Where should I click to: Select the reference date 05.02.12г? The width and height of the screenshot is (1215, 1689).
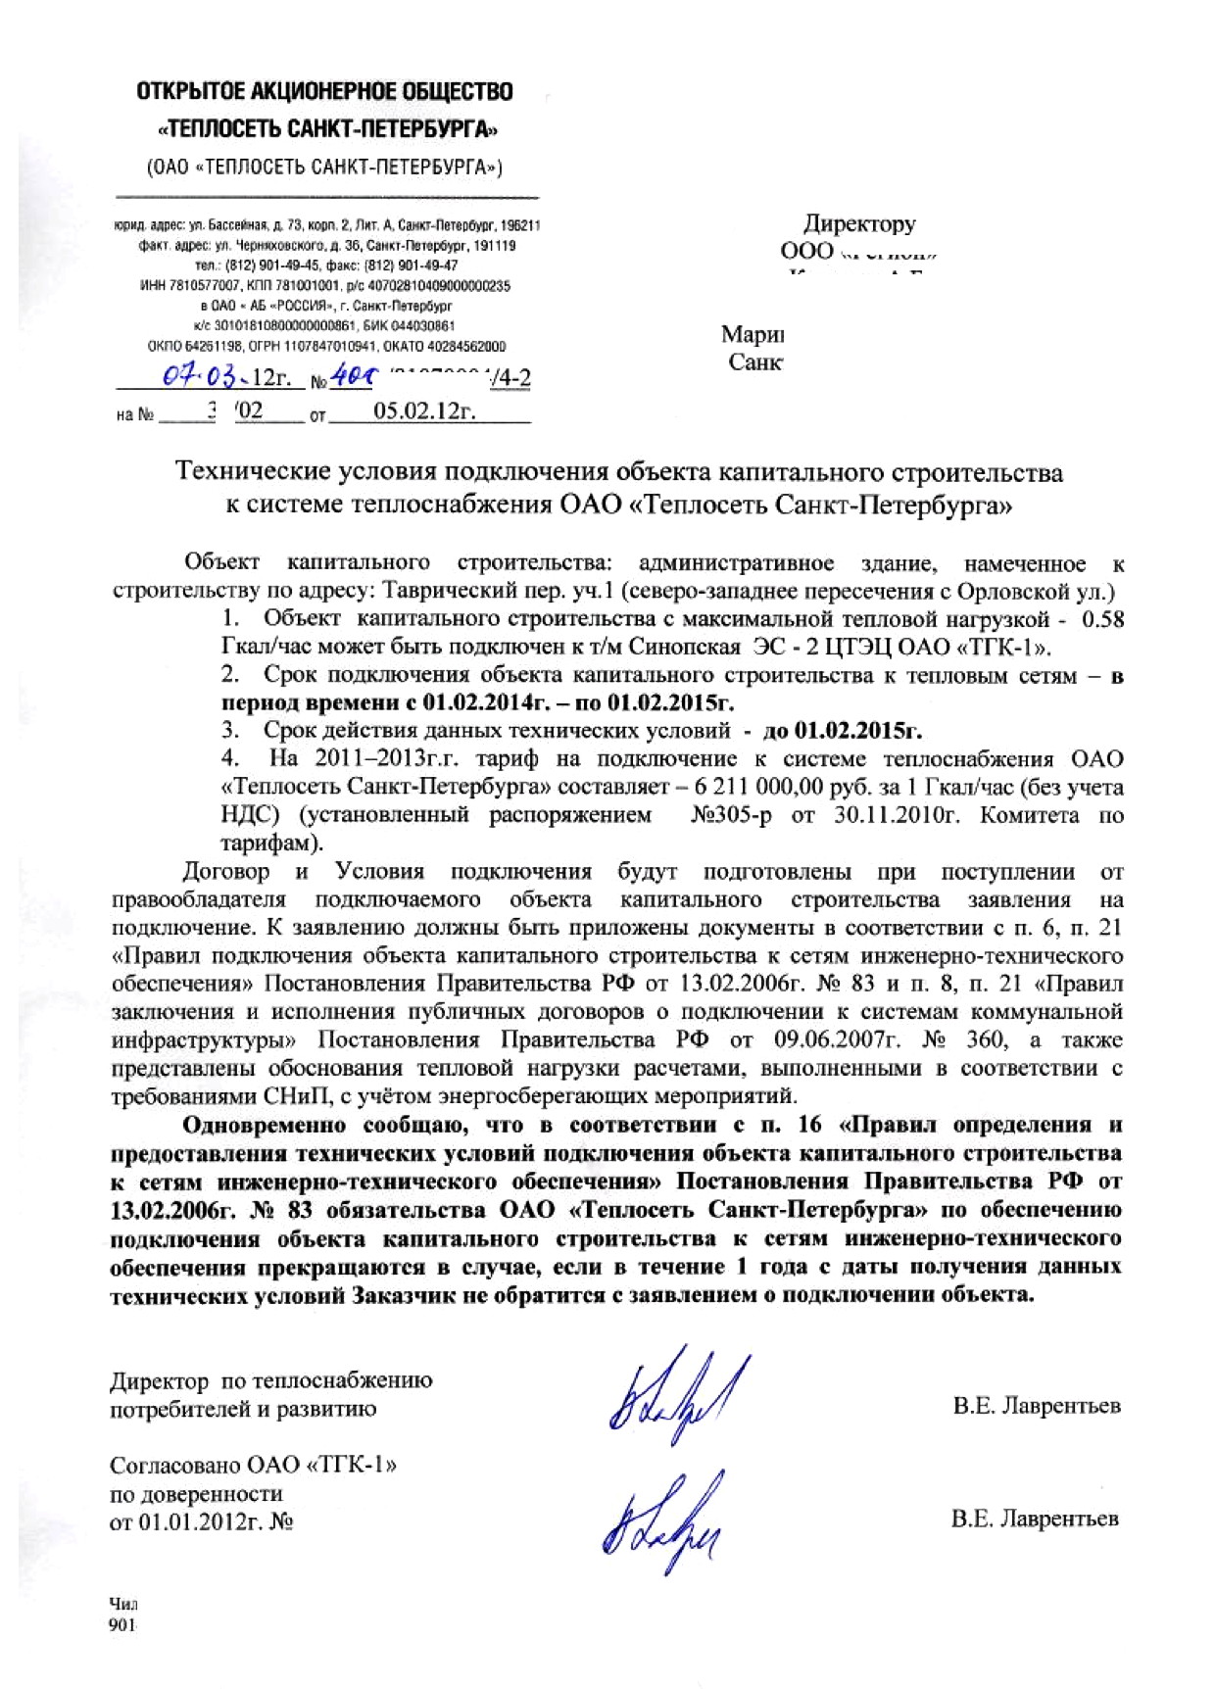[423, 411]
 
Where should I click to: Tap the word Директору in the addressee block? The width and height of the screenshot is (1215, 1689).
[859, 224]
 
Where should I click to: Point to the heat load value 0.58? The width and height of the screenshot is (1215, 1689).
[1102, 619]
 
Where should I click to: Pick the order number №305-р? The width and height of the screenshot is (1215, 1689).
[731, 816]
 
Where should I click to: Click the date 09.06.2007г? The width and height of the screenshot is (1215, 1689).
[832, 1040]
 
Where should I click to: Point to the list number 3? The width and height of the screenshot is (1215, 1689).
[230, 731]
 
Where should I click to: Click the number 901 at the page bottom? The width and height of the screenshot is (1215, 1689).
[121, 1624]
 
